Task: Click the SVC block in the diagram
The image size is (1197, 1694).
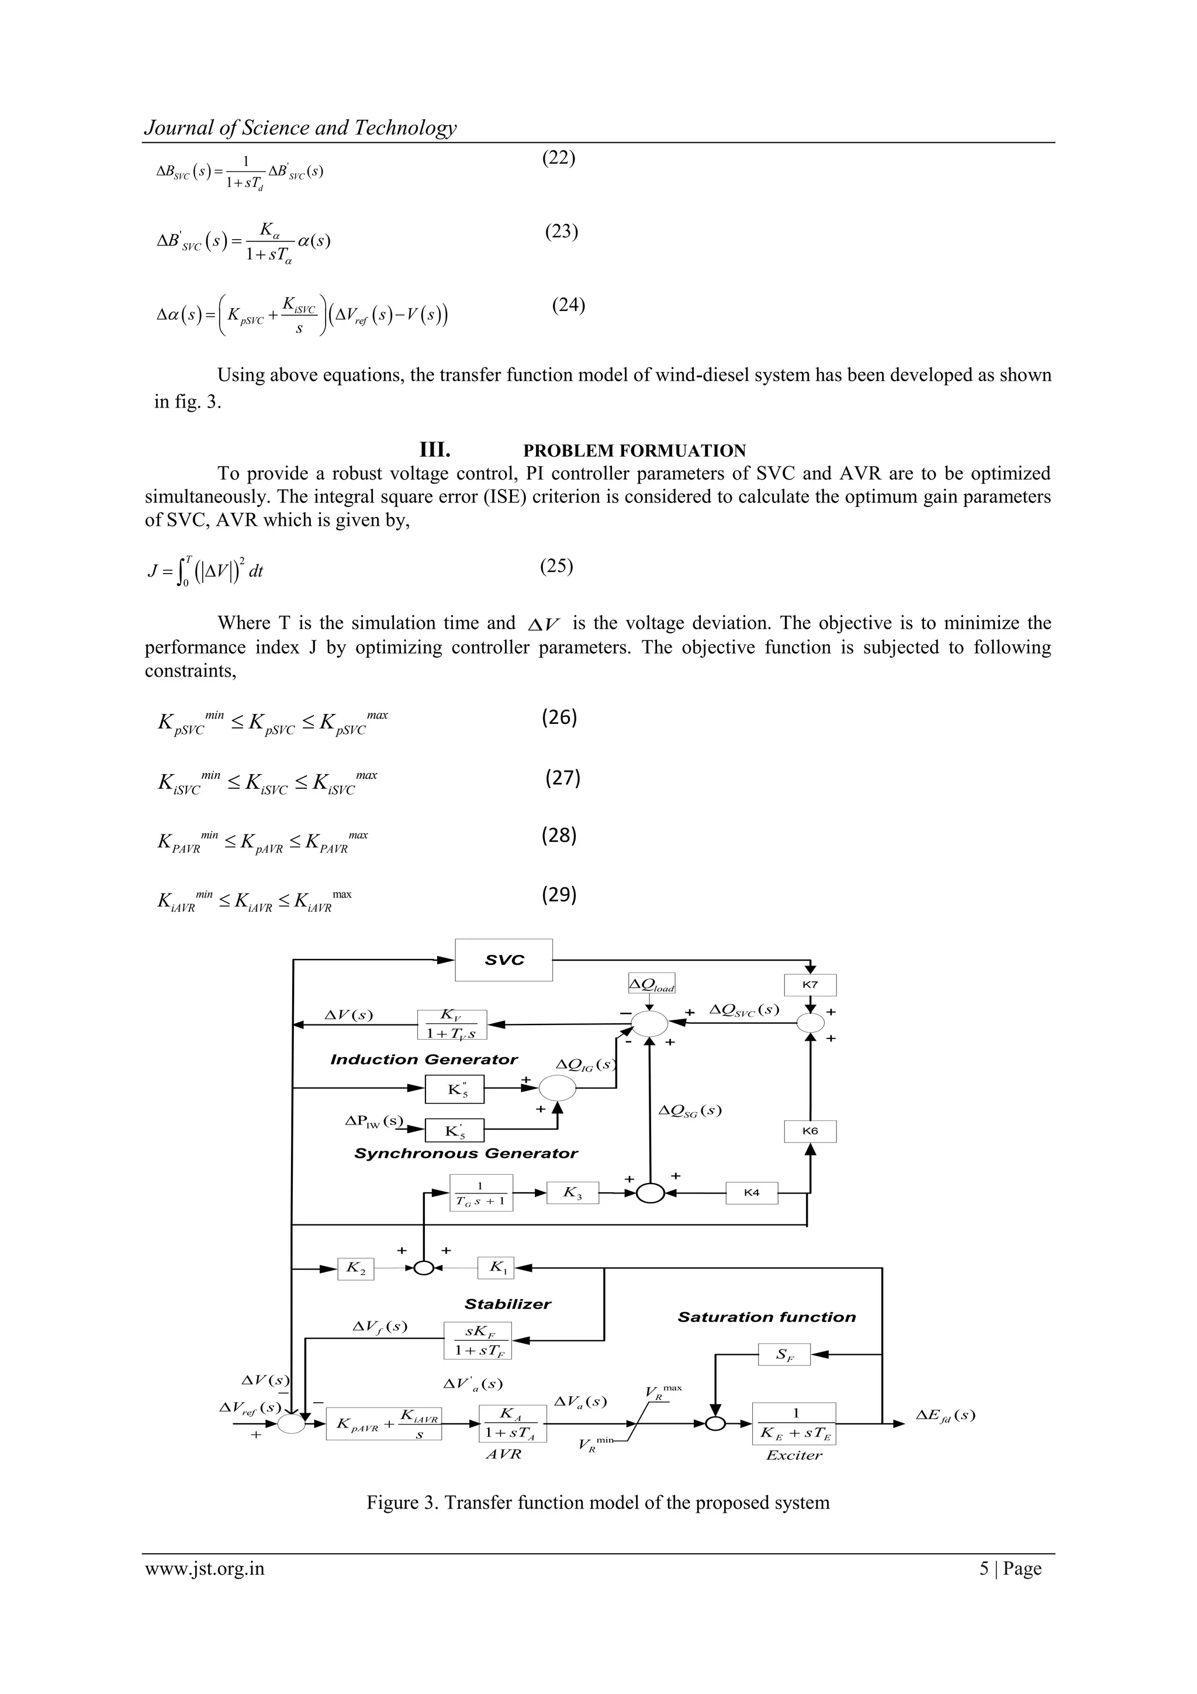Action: point(504,960)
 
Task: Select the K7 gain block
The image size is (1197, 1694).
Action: point(810,985)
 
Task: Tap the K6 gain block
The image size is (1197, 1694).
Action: point(810,1131)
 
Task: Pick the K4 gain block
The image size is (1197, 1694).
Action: point(752,1192)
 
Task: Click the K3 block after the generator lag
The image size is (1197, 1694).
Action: point(572,1192)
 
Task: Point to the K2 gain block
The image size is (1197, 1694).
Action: point(355,1268)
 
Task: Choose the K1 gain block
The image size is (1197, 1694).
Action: point(496,1268)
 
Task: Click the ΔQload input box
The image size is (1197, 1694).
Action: point(651,984)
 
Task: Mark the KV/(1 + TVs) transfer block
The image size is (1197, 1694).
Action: point(452,1025)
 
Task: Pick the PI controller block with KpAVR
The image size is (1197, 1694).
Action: point(383,1423)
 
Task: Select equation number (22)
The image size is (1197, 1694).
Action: point(558,158)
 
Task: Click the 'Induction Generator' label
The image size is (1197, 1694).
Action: point(424,1060)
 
